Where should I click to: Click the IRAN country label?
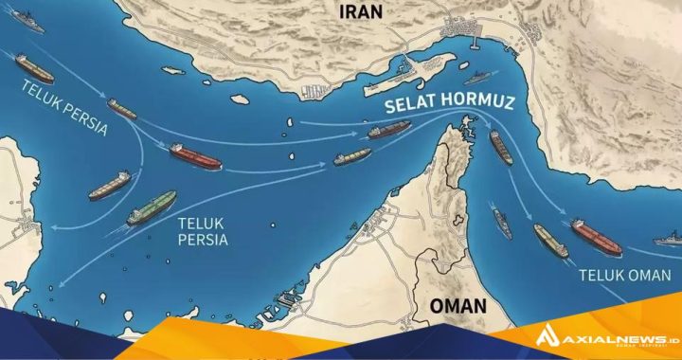360,11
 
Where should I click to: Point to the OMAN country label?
458,306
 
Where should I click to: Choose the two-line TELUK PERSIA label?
202,231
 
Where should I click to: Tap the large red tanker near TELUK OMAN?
596,236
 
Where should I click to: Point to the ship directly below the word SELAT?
389,130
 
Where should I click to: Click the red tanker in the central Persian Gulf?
195,156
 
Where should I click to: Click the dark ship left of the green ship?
110,185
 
